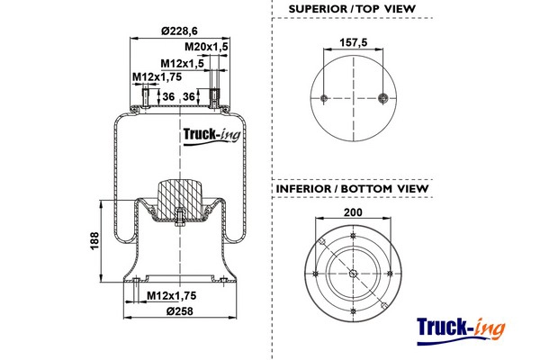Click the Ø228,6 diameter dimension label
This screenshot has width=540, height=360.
pyautogui.click(x=183, y=31)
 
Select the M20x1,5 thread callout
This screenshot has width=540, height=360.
pyautogui.click(x=206, y=47)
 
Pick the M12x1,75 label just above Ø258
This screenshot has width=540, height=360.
pyautogui.click(x=171, y=296)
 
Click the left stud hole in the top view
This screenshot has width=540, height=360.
pyautogui.click(x=321, y=98)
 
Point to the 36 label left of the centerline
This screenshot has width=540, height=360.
pyautogui.click(x=167, y=96)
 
